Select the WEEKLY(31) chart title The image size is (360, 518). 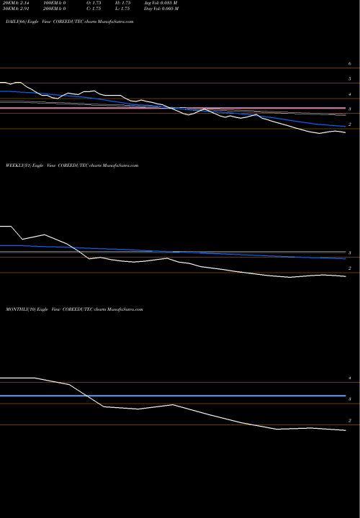tap(72, 165)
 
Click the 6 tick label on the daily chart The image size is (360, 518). tap(349, 65)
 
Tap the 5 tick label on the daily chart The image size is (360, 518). tap(349, 79)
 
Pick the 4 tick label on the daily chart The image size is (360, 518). tap(349, 95)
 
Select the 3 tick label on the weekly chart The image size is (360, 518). tap(349, 254)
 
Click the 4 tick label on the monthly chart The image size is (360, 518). tap(349, 378)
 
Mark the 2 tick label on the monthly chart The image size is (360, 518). tap(349, 421)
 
